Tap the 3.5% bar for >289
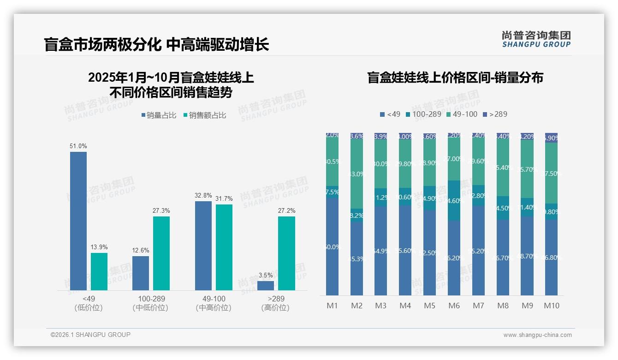(266, 286)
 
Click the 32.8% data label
(203, 195)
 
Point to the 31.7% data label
(224, 198)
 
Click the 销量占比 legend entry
(159, 115)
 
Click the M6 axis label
(454, 306)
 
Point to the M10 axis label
(552, 306)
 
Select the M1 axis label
(333, 306)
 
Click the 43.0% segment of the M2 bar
(357, 174)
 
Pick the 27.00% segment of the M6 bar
(454, 159)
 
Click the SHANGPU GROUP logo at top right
(536, 39)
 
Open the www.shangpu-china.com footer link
(537, 335)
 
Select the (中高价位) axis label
(214, 308)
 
